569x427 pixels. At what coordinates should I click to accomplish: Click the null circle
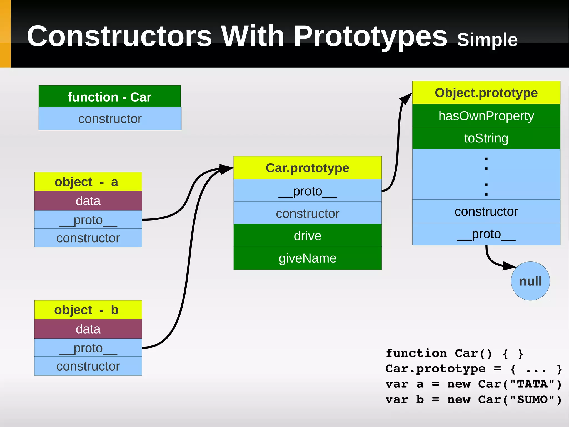[530, 281]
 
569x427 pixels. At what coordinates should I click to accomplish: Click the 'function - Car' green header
[109, 97]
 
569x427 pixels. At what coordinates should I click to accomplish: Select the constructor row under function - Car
[110, 119]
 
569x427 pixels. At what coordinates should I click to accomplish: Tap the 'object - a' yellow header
[88, 182]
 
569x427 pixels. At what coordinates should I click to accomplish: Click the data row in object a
[88, 201]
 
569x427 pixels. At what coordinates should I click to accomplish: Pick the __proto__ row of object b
[88, 348]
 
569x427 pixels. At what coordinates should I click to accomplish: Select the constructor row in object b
[88, 366]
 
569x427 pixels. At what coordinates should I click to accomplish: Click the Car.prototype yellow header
[307, 168]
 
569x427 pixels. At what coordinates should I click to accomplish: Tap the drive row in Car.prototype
[307, 236]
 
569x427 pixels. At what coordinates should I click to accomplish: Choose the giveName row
[307, 258]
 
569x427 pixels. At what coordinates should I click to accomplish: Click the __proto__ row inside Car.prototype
[307, 191]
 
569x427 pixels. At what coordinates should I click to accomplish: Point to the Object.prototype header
[486, 93]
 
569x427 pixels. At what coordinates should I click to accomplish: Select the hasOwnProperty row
[486, 116]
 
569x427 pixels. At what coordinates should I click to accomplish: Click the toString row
[486, 138]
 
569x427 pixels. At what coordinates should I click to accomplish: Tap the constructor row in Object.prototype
[486, 211]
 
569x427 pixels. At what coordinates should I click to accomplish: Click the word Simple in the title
[487, 40]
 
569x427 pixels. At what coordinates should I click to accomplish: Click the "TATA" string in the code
[532, 384]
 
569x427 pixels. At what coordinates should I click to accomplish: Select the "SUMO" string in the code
[532, 400]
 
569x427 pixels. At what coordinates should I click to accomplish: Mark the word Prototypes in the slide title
[370, 36]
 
